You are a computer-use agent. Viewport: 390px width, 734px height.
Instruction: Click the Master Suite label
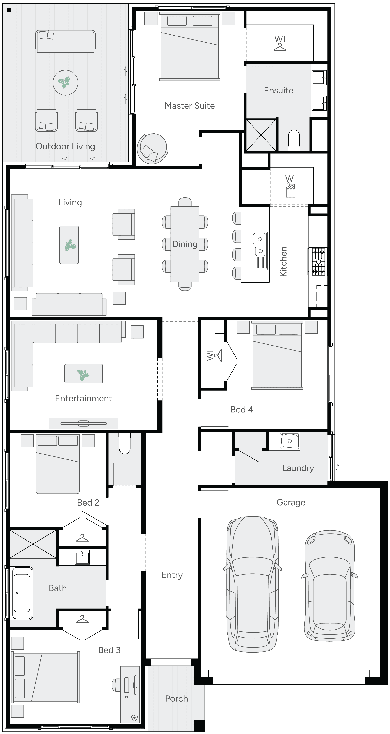coord(190,106)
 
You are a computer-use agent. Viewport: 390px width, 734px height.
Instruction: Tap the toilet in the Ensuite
coord(294,140)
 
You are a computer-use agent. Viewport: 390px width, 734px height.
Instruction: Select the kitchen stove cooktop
coord(318,262)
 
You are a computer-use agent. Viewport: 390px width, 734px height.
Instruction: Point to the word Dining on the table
coord(185,244)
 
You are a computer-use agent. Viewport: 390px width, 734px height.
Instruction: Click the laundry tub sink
coord(290,441)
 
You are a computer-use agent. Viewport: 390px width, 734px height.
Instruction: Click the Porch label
coord(176,699)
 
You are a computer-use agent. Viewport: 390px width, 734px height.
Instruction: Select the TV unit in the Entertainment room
coord(83,423)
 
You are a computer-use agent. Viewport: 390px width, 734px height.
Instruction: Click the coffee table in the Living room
coord(69,245)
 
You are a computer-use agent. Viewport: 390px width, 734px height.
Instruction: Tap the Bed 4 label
coord(242,409)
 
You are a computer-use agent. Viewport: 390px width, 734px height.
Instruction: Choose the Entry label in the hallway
coord(172,575)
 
